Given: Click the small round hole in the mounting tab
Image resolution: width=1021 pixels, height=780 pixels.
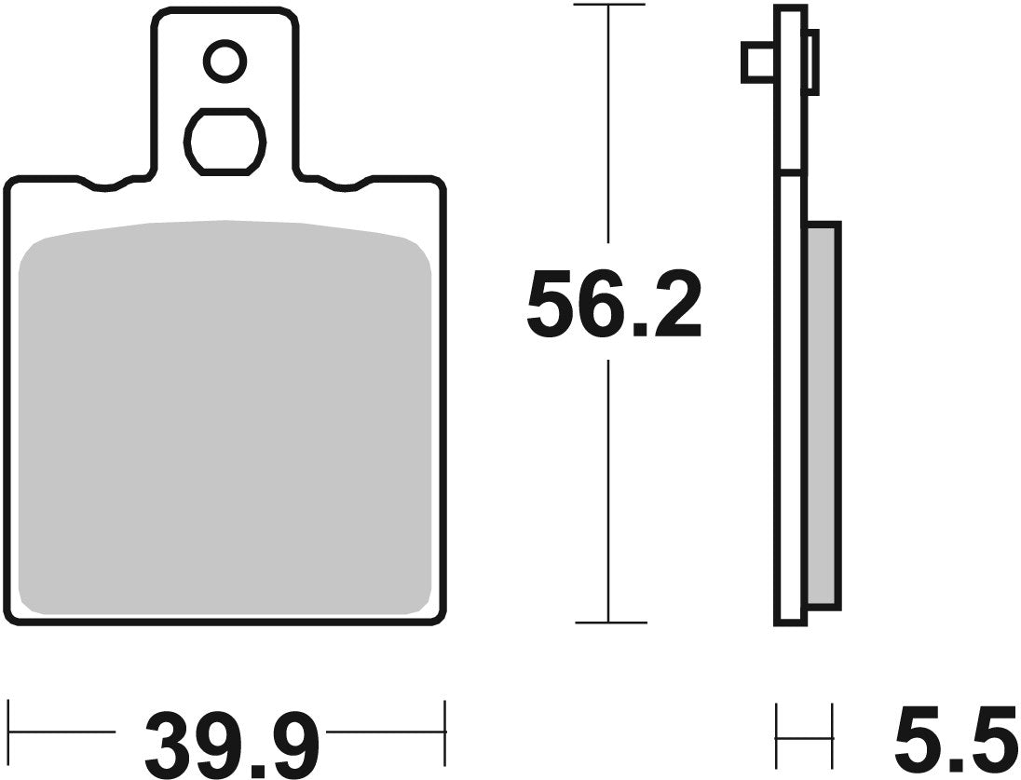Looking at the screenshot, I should [225, 62].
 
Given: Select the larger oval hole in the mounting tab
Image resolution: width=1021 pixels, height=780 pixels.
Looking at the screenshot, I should [225, 142].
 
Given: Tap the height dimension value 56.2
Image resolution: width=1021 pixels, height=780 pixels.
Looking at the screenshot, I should [613, 305].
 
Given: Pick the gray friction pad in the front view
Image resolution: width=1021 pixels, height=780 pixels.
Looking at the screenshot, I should [225, 419].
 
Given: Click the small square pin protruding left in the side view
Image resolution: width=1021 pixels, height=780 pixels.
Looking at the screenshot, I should [757, 62].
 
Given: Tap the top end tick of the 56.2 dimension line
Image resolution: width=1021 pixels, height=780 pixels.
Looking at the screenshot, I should [608, 6].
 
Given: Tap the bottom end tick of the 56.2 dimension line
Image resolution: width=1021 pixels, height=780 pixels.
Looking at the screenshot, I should [608, 622].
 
